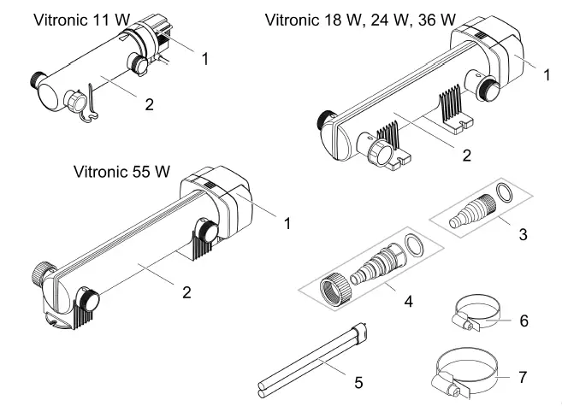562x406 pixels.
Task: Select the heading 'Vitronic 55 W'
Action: (x=122, y=172)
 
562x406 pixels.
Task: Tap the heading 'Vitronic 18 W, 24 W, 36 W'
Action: (x=360, y=20)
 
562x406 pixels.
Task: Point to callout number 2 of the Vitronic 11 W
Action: (x=149, y=104)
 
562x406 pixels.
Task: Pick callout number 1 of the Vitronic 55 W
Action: (x=287, y=223)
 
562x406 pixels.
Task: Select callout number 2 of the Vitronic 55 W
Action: (x=186, y=292)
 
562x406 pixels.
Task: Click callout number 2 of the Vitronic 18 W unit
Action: (x=467, y=156)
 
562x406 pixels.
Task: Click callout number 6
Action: (x=524, y=321)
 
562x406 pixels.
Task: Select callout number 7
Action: (x=524, y=377)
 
